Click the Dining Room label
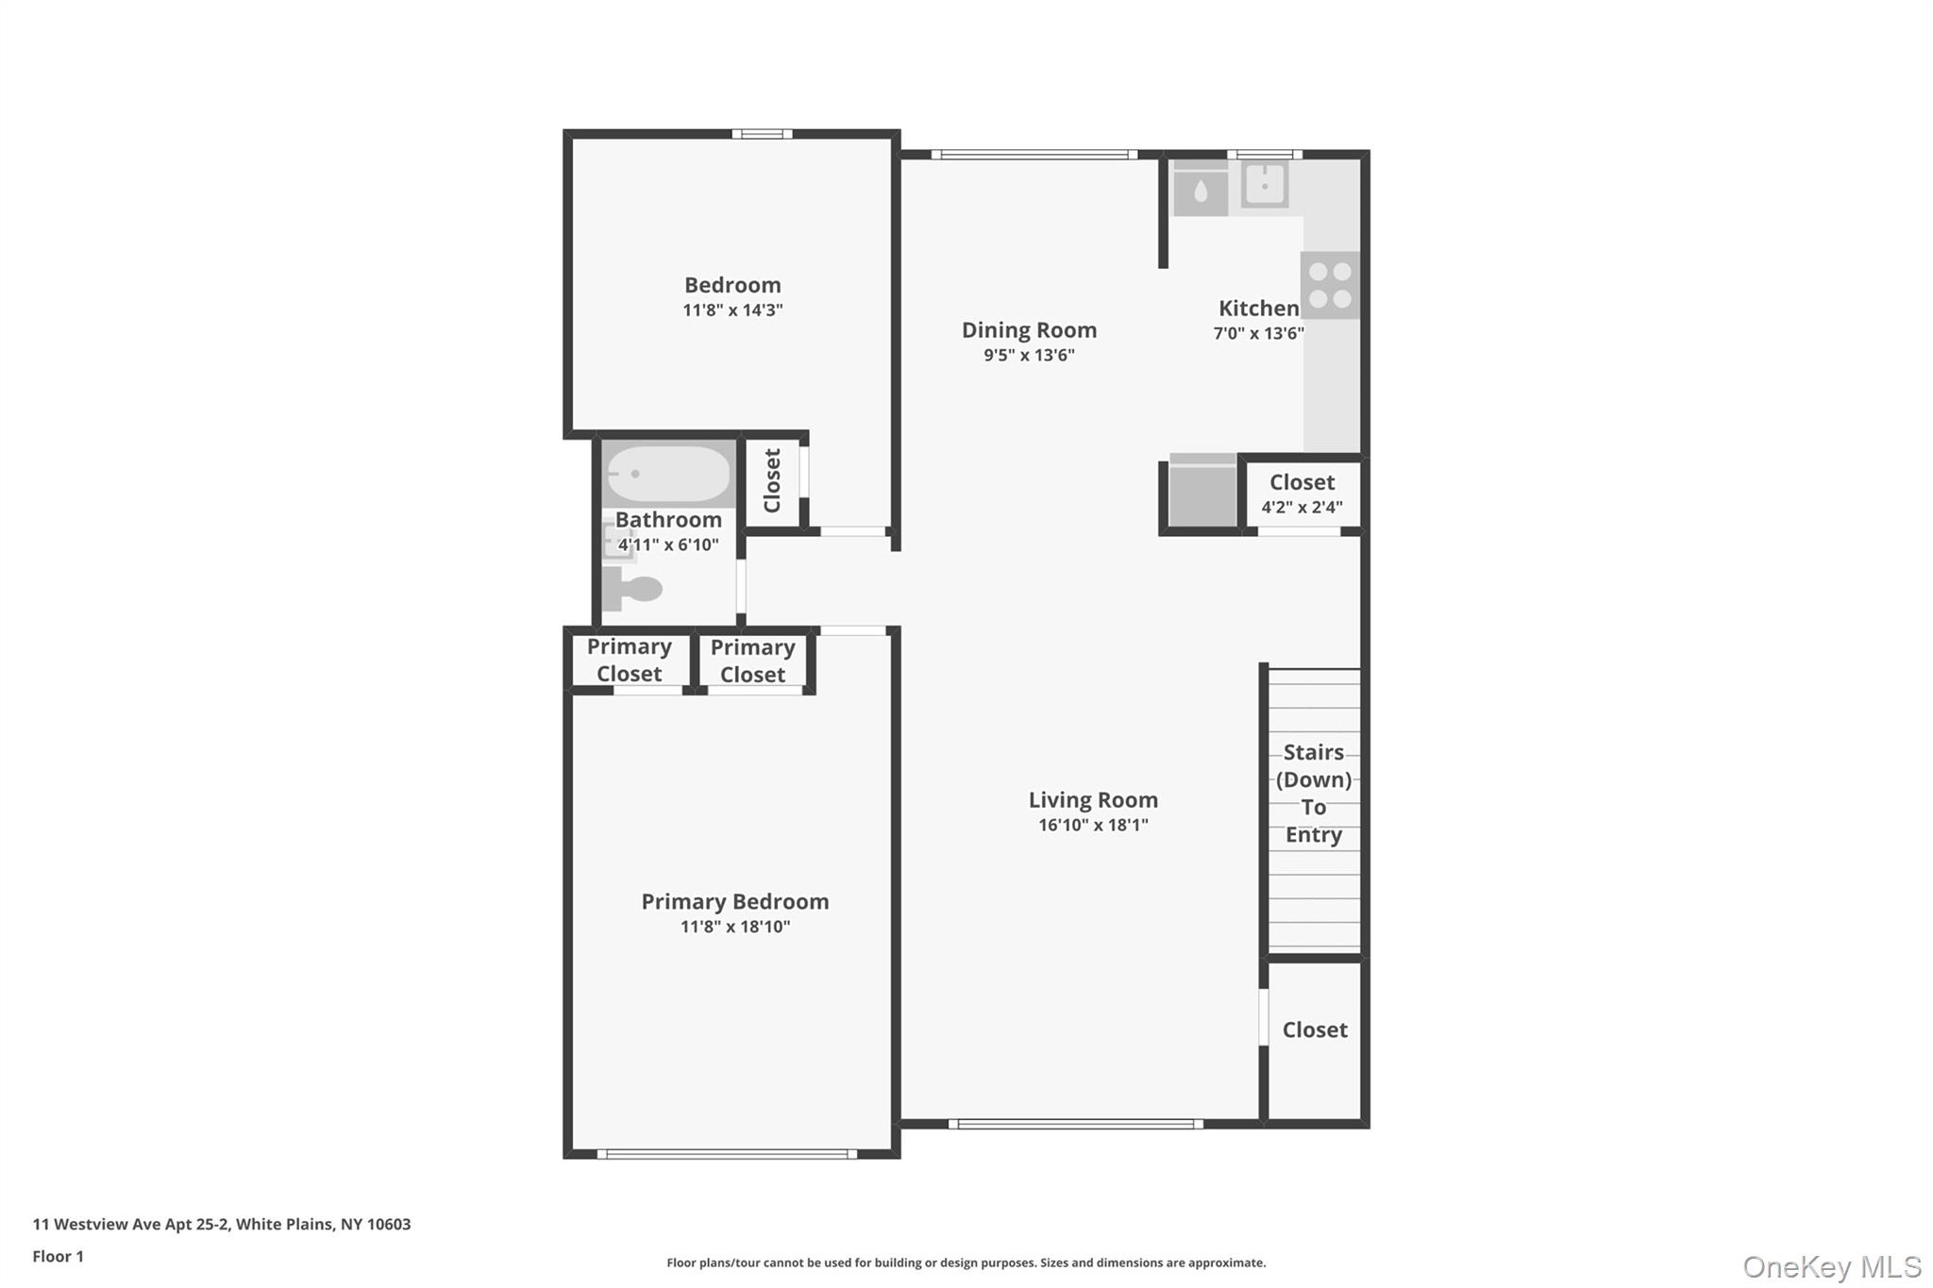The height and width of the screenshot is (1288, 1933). point(1029,330)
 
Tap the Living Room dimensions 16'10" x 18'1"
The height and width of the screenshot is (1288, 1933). point(1093,826)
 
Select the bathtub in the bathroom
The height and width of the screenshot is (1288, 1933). point(668,474)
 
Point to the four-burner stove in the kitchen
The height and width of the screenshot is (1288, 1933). point(1331,285)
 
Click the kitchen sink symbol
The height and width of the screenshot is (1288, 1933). point(1265,184)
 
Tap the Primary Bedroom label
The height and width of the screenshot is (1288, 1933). point(734,901)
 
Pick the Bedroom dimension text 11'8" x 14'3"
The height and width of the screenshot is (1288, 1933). point(732,310)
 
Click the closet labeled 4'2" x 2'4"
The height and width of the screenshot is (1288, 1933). point(1302,493)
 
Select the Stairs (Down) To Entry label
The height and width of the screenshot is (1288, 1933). point(1313,793)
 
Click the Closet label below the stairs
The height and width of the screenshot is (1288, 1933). point(1315,1029)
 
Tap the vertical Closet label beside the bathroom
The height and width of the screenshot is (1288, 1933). point(772,480)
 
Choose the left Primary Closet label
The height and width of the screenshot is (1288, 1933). point(629,660)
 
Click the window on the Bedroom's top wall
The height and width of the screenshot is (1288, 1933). point(762,134)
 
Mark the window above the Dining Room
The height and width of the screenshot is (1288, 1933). point(1034,155)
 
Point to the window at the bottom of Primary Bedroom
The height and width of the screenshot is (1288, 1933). point(727,1154)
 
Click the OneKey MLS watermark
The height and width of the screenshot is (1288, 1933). point(1831,1266)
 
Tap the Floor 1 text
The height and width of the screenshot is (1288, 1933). point(58,1256)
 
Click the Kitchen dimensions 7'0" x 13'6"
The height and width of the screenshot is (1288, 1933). point(1258,333)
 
